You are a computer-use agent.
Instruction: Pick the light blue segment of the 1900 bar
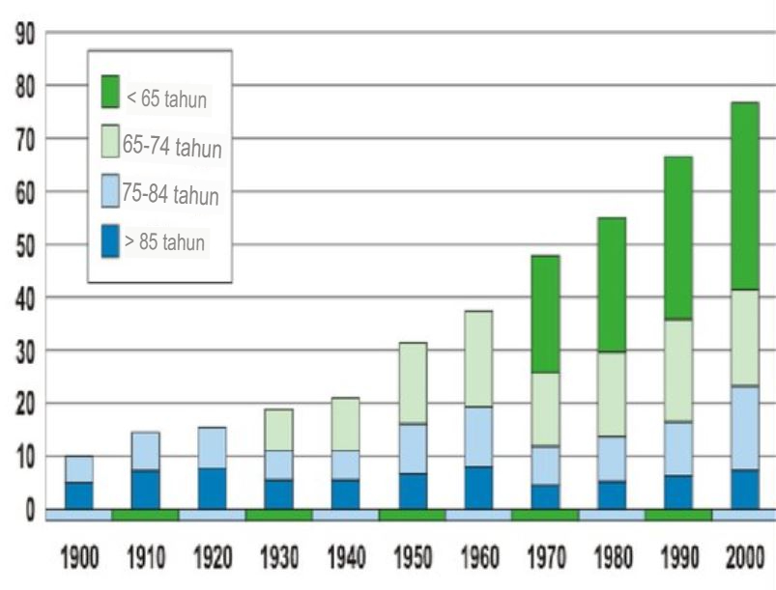click(79, 469)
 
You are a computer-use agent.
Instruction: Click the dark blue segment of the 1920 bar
click(212, 488)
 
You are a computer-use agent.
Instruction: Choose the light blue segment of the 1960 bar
click(477, 436)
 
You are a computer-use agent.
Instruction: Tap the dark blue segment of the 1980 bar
click(611, 494)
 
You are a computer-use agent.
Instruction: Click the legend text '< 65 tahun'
click(167, 98)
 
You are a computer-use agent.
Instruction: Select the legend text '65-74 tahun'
click(173, 148)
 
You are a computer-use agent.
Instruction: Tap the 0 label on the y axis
click(32, 510)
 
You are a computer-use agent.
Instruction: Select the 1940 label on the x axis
click(345, 559)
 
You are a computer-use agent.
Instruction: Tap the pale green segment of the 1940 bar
click(345, 424)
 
